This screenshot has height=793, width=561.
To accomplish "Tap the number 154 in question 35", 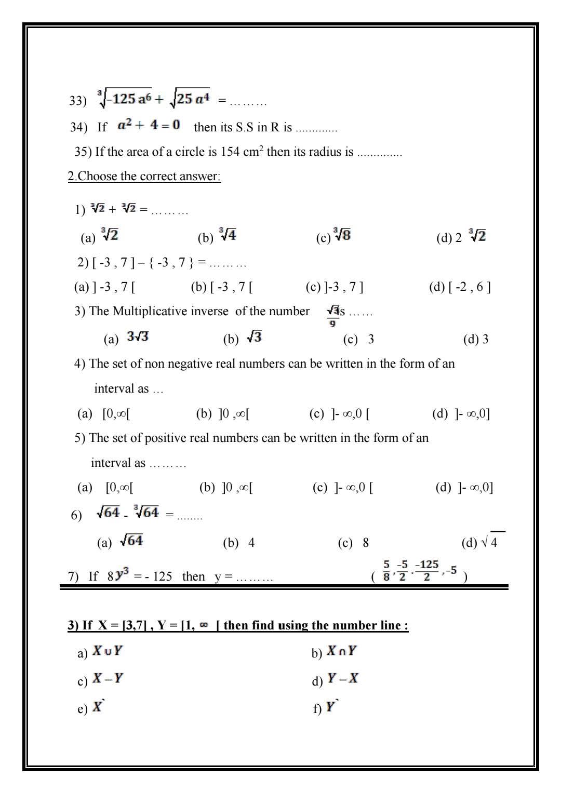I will pos(230,152).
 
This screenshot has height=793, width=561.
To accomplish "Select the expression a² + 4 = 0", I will pos(149,125).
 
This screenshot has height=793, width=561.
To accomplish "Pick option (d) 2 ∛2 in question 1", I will pos(461,237).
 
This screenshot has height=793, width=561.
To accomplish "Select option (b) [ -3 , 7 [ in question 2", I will pos(222,287).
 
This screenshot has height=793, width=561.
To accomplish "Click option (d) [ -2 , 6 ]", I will pos(460,287).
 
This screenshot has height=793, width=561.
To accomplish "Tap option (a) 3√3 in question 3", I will pos(127,338).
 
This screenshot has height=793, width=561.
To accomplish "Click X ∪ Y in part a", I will pos(107,651).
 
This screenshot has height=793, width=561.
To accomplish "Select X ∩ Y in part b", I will pos(341,652).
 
